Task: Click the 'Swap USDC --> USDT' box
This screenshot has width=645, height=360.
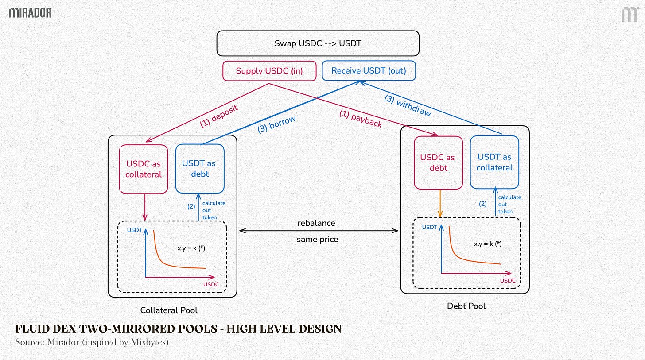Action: pos(318,43)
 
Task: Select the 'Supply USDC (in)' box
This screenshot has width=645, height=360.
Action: pos(269,71)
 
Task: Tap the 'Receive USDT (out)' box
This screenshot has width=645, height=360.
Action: pos(369,71)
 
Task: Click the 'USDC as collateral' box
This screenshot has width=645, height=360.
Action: pos(144,169)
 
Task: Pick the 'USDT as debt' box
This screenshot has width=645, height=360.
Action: pos(199,169)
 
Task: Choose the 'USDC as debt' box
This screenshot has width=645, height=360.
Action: pos(438,163)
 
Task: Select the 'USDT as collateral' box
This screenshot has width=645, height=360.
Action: pos(494,162)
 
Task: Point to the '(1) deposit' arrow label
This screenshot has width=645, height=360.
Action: pos(219,116)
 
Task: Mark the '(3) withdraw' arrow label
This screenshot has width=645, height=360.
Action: pos(408,106)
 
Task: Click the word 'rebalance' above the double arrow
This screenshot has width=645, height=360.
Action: pos(316,223)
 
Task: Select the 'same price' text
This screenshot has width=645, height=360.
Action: pos(317,240)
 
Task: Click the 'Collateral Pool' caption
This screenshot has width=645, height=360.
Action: pos(169,310)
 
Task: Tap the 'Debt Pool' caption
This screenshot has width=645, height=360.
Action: pos(466,306)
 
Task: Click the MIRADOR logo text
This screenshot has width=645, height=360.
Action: pos(30,13)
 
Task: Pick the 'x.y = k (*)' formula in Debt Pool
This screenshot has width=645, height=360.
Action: pos(488,244)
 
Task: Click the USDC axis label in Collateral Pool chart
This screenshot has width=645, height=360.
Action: pos(211,284)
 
